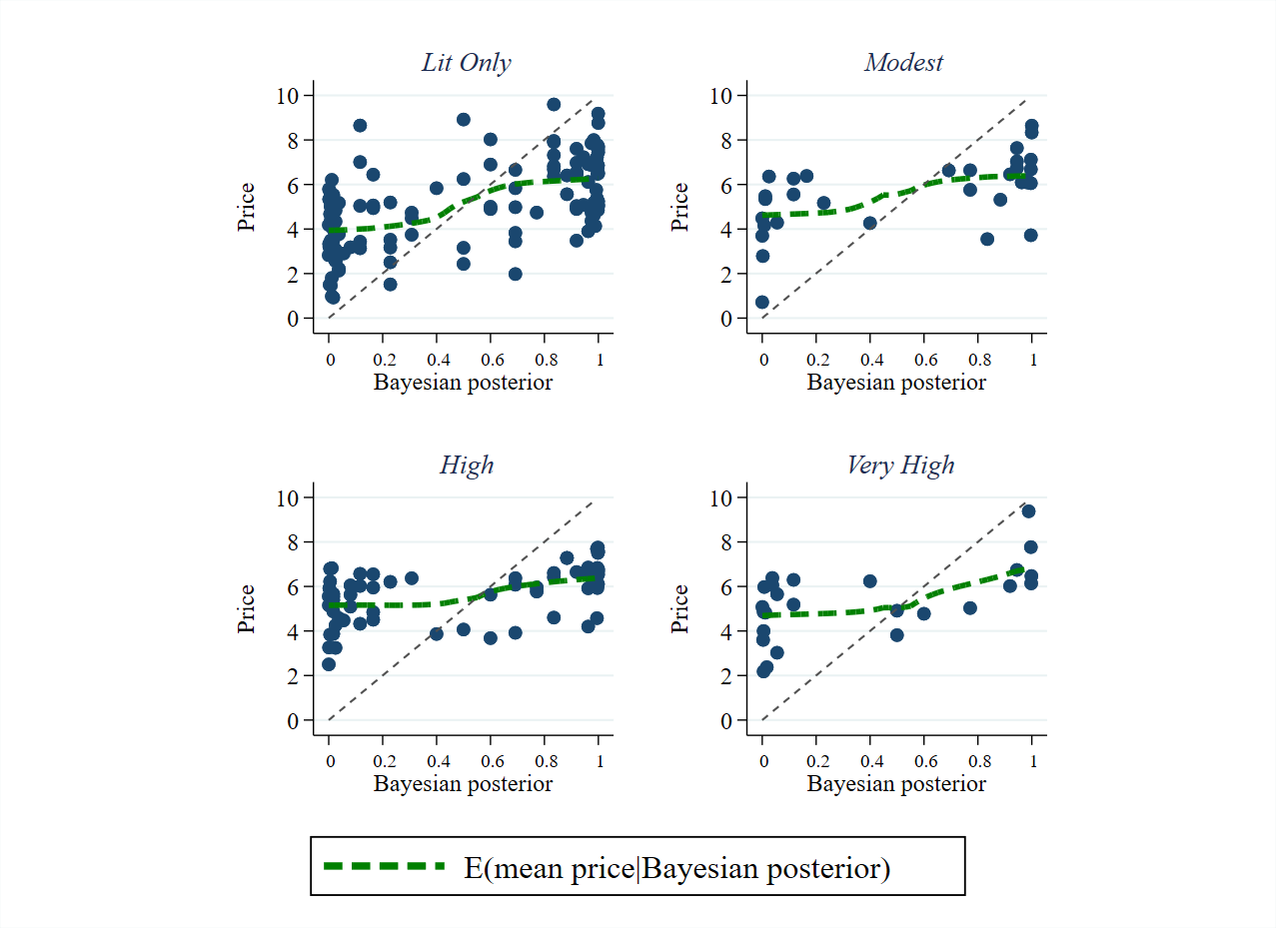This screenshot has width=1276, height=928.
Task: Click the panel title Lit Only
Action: pyautogui.click(x=466, y=63)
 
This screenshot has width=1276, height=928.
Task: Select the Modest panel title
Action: pyautogui.click(x=903, y=63)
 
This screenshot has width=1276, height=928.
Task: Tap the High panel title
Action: pyautogui.click(x=467, y=464)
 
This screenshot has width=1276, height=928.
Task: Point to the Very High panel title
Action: pyautogui.click(x=900, y=464)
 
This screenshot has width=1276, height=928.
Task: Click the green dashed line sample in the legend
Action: pyautogui.click(x=384, y=866)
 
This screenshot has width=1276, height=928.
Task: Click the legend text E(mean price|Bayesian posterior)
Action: pyautogui.click(x=676, y=868)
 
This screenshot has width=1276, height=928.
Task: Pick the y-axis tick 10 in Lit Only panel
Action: pyautogui.click(x=291, y=96)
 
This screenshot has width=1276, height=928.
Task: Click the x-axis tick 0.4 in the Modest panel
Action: pyautogui.click(x=870, y=359)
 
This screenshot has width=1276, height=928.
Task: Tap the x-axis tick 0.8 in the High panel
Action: pyautogui.click(x=545, y=760)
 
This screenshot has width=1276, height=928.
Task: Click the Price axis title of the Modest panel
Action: pyautogui.click(x=680, y=207)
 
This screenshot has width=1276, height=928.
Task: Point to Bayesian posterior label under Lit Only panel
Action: pyautogui.click(x=463, y=383)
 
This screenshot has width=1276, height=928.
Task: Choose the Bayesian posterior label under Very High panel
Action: pyautogui.click(x=896, y=784)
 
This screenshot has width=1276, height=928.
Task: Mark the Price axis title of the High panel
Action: pyautogui.click(x=247, y=608)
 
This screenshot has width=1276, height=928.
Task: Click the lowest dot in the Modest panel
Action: pyautogui.click(x=762, y=302)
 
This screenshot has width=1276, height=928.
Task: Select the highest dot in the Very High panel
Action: pyautogui.click(x=1028, y=511)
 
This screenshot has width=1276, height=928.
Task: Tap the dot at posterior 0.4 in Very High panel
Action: pyautogui.click(x=869, y=581)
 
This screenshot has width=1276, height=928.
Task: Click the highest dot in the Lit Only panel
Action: pyautogui.click(x=554, y=104)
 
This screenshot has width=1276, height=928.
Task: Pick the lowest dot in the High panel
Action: pyautogui.click(x=329, y=664)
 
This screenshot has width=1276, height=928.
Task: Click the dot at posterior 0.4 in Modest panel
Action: pyautogui.click(x=869, y=223)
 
